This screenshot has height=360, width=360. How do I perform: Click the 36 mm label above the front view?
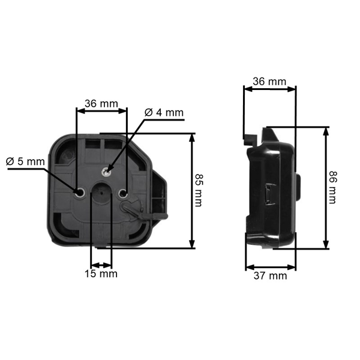101,103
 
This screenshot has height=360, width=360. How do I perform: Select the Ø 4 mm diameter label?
164,112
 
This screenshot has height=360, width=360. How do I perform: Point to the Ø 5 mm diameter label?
25,161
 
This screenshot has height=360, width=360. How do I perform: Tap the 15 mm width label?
101,274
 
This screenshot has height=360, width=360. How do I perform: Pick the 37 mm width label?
270,276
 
